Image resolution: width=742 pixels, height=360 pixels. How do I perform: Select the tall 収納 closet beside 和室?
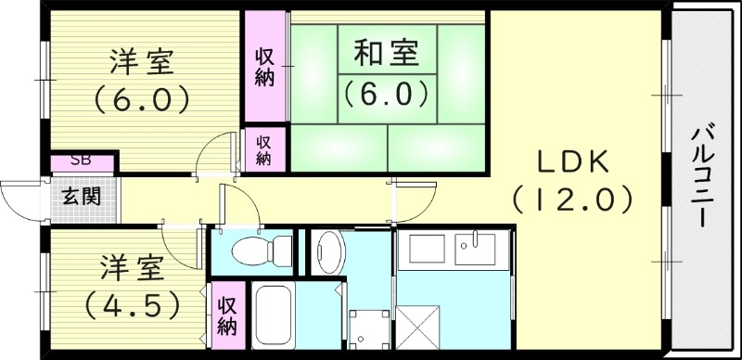point(264,65)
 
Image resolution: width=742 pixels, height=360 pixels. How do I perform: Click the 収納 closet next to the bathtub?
point(227,315)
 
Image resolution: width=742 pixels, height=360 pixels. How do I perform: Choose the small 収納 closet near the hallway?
point(263,149)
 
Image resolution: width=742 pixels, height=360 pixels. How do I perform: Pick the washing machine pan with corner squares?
point(365,328)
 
